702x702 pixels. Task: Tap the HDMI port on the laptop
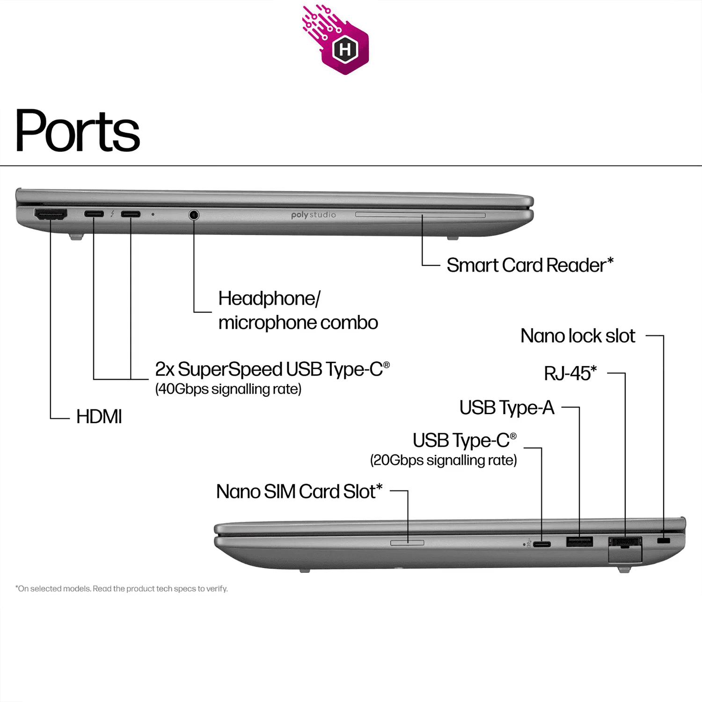[51, 214]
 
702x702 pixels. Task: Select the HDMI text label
[99, 417]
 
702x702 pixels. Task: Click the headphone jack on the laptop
[194, 215]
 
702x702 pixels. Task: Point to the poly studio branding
[314, 215]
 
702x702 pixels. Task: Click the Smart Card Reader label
[530, 265]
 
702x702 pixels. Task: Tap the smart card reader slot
[420, 215]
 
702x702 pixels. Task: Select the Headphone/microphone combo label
[298, 310]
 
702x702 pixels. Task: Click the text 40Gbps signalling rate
[228, 389]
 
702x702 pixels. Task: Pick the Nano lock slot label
[578, 336]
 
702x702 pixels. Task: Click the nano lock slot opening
[664, 541]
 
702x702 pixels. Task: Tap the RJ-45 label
[570, 373]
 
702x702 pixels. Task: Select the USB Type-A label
[507, 408]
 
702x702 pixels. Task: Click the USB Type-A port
[579, 542]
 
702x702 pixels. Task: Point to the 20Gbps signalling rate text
[444, 460]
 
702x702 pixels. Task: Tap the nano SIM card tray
[407, 543]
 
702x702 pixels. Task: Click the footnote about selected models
[122, 589]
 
